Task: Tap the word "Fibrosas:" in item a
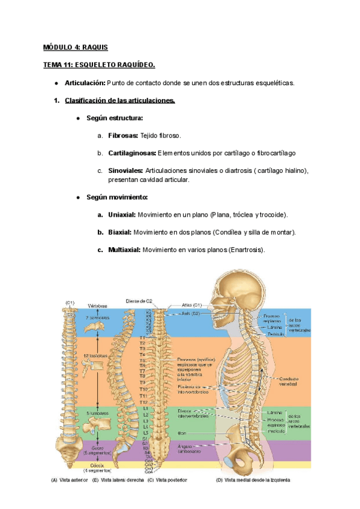[x=123, y=136]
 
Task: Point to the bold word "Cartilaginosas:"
[x=132, y=153]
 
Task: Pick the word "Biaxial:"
[x=120, y=232]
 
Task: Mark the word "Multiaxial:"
[x=124, y=249]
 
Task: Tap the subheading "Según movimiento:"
[x=117, y=197]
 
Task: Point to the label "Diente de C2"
[x=139, y=300]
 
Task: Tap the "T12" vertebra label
[x=143, y=402]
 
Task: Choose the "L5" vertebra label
[x=143, y=432]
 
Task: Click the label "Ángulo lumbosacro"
[x=191, y=448]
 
